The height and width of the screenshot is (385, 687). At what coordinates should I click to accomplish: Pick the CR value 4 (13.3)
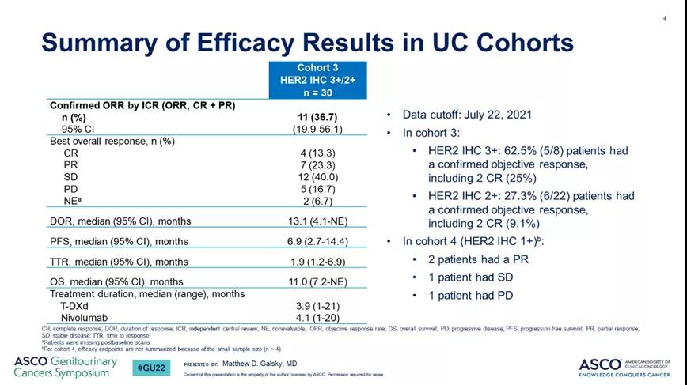320,153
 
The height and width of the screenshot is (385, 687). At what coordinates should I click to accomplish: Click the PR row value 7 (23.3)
320,165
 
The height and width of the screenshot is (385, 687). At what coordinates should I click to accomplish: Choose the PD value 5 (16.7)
320,189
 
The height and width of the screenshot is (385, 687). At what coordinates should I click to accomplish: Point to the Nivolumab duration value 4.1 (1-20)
320,317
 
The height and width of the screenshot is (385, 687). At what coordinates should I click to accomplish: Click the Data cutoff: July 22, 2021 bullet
467,115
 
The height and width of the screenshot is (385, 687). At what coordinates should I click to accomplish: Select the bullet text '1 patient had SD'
469,277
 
